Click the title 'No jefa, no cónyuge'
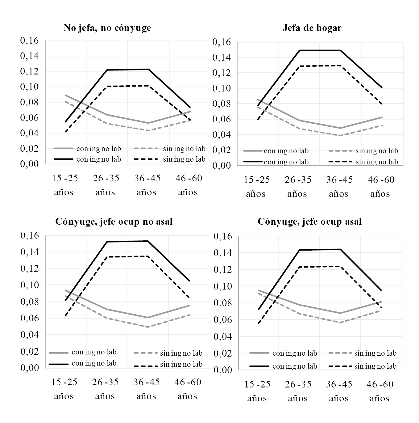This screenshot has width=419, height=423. click(107, 28)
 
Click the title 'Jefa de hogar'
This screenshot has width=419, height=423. click(312, 28)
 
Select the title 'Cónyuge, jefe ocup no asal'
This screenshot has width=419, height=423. click(114, 222)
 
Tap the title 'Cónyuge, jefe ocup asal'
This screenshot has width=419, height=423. click(309, 222)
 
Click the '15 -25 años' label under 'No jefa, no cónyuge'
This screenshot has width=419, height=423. click(64, 185)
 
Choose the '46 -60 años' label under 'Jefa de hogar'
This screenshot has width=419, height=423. click(380, 187)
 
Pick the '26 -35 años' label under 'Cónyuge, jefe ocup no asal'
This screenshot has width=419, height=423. click(105, 389)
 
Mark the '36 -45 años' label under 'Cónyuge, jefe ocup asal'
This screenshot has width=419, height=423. click(339, 391)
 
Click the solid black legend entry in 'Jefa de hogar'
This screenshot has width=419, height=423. click(276, 162)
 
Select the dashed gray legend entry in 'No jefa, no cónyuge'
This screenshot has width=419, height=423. click(170, 149)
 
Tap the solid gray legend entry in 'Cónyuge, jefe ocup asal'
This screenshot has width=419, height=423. click(283, 353)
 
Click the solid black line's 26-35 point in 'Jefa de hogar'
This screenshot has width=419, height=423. click(299, 50)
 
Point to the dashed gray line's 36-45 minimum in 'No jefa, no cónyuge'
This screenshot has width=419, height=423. click(149, 131)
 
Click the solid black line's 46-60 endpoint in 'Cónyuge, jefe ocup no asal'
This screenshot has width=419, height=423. click(190, 281)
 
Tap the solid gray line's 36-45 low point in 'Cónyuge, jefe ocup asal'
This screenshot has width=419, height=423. click(340, 313)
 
